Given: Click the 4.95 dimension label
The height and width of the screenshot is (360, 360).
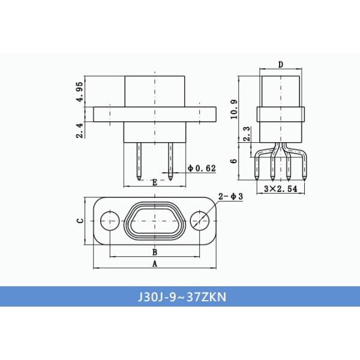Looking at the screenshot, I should click(79, 91).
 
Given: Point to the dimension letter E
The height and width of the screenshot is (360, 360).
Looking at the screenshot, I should click(155, 182).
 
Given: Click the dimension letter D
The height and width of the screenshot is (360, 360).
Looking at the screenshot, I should click(280, 65).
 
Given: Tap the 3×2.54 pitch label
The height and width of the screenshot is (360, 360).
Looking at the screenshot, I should click(280, 189).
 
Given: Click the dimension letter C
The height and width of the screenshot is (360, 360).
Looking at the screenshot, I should click(79, 221).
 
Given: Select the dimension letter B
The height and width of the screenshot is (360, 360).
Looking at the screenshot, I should click(155, 252).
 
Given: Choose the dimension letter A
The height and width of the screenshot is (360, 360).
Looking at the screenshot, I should click(155, 263).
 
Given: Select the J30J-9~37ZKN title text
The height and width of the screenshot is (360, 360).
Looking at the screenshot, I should click(180, 296).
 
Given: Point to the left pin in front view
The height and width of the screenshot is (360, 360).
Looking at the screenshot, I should click(139, 160).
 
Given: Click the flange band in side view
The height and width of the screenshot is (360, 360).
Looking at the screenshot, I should click(280, 113).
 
